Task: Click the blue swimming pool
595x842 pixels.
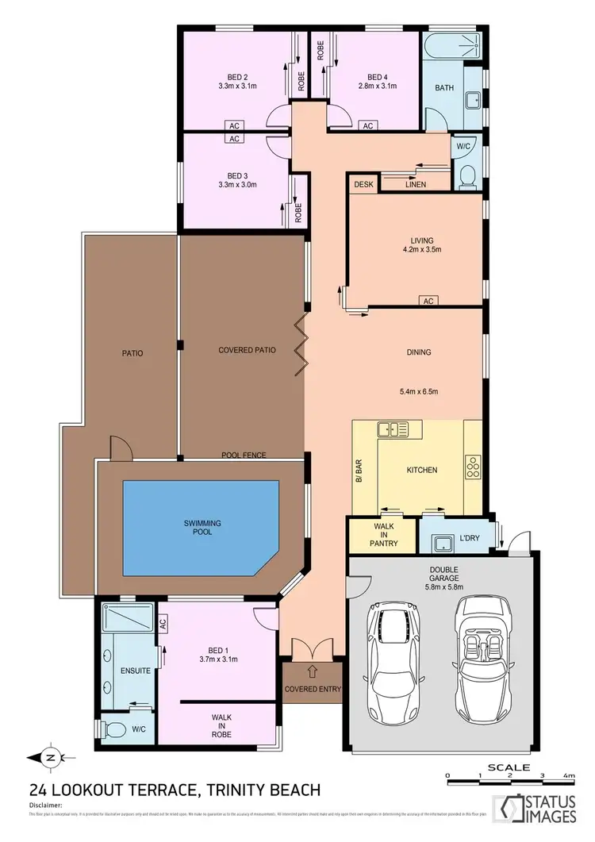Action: (x=200, y=527)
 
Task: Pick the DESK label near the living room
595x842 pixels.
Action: (x=363, y=184)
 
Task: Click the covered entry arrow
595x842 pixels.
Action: (x=312, y=670)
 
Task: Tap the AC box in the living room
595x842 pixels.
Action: (x=428, y=301)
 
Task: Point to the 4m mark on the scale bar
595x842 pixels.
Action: (x=567, y=775)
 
